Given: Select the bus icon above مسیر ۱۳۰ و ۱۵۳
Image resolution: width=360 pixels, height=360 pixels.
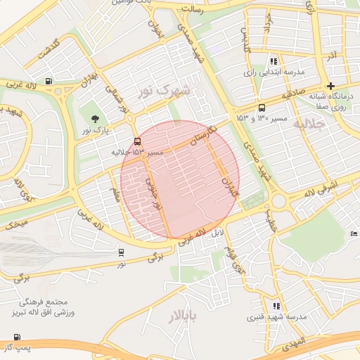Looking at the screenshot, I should click(x=262, y=108).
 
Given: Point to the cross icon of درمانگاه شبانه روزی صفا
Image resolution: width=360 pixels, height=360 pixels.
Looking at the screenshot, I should click(x=330, y=86).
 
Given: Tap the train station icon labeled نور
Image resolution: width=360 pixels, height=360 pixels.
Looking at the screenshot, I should click(x=122, y=252).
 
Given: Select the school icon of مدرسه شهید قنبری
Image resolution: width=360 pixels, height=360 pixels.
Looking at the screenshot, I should click(x=276, y=306).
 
